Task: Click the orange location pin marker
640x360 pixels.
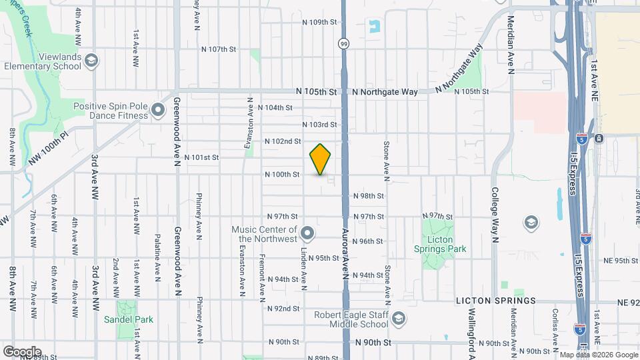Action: [x=320, y=159]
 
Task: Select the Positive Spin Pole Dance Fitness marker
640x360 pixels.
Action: [x=158, y=110]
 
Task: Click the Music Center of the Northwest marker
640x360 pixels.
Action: [x=307, y=233]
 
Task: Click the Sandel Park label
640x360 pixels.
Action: [x=129, y=319]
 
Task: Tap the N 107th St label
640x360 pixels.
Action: [x=219, y=49]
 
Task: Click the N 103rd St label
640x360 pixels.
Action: [x=320, y=125]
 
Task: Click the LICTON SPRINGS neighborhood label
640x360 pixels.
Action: [x=496, y=301]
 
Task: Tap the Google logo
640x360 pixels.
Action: [x=22, y=351]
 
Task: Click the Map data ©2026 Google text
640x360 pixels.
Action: [x=597, y=355]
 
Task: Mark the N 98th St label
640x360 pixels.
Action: [x=368, y=196]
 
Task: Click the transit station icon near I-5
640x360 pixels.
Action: [x=598, y=139]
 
